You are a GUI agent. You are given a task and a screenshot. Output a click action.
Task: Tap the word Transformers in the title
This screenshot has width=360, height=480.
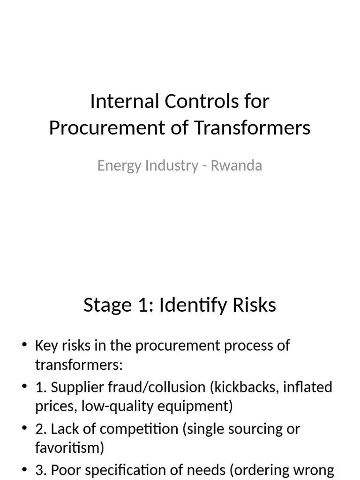pyautogui.click(x=252, y=127)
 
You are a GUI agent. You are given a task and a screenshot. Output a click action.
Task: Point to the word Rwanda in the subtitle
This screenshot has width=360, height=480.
pyautogui.click(x=236, y=165)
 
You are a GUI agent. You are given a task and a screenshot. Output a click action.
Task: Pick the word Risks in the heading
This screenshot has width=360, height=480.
pyautogui.click(x=255, y=306)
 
